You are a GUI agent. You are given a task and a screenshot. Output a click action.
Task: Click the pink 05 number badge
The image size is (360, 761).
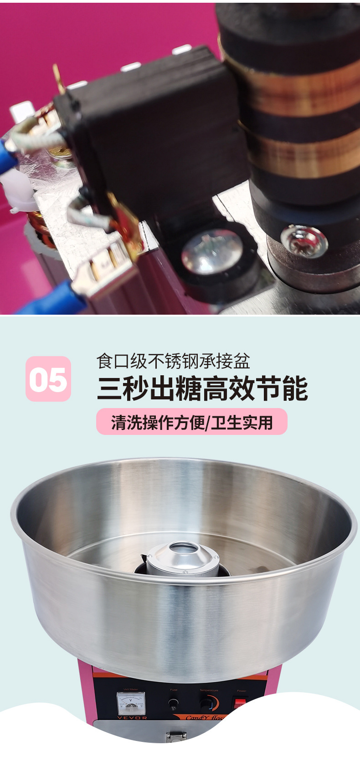[x=48, y=379]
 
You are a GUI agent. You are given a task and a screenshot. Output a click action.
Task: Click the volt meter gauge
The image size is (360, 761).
[x=131, y=703]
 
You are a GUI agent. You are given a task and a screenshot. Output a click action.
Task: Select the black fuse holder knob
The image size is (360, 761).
[x=173, y=705]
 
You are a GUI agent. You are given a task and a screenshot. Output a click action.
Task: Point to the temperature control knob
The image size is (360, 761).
[x=206, y=704]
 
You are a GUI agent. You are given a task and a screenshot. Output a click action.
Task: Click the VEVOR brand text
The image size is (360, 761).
[x=132, y=718]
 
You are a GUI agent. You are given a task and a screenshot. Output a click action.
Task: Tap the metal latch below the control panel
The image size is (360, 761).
[x=175, y=736]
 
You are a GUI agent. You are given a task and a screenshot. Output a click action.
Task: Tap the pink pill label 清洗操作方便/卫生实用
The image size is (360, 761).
[x=191, y=422]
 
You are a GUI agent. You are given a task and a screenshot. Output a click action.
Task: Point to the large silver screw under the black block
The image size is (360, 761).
[x=211, y=252]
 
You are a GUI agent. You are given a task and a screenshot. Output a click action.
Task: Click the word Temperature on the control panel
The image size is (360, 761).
[x=209, y=690]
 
